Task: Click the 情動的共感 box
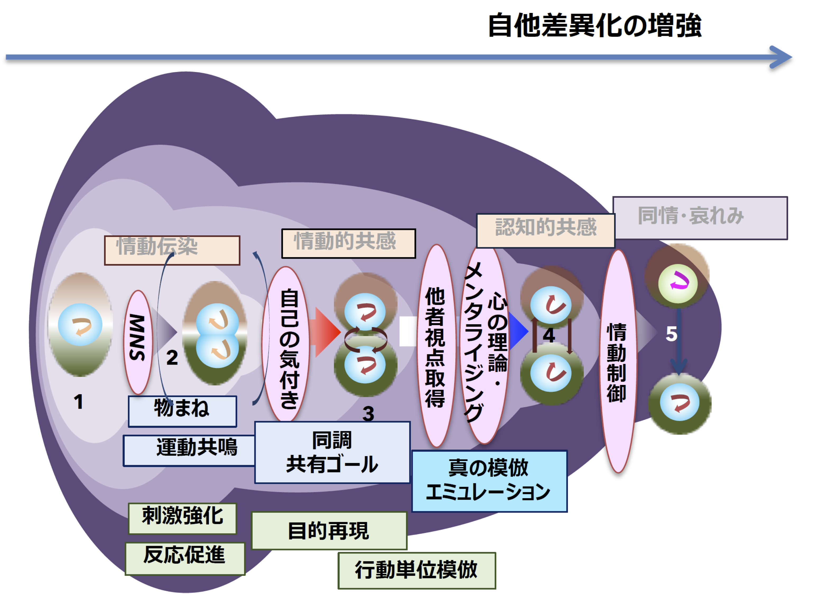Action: tap(349, 243)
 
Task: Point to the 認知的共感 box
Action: tap(545, 231)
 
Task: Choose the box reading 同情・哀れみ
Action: tap(700, 218)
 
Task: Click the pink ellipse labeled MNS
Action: tap(138, 342)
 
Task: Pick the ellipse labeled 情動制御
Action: tap(618, 362)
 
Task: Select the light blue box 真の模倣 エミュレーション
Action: tap(489, 481)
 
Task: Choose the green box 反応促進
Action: tap(185, 558)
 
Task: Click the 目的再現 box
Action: tap(329, 531)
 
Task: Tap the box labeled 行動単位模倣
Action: tap(417, 571)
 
